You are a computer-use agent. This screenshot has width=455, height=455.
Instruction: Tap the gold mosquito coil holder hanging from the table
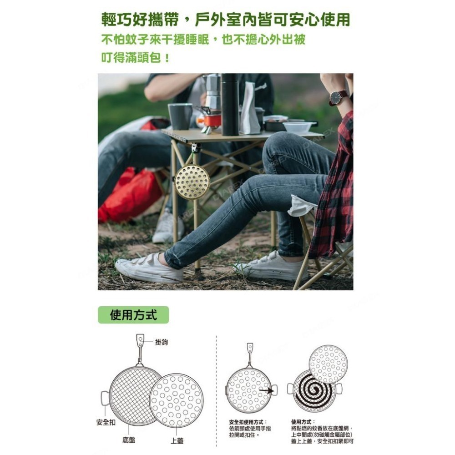pyautogui.click(x=192, y=182)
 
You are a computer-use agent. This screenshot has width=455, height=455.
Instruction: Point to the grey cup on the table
pyautogui.click(x=180, y=116)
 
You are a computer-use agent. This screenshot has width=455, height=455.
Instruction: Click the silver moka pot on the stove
pyautogui.click(x=212, y=91)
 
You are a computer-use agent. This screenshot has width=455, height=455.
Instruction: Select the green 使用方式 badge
pyautogui.click(x=133, y=315)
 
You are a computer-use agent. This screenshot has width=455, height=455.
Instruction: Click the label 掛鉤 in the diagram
pyautogui.click(x=161, y=342)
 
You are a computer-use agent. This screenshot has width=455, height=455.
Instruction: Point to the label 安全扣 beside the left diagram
pyautogui.click(x=106, y=422)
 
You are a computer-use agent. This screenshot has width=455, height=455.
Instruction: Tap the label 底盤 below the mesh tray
pyautogui.click(x=129, y=440)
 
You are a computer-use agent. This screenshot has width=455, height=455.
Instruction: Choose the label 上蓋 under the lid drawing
pyautogui.click(x=177, y=440)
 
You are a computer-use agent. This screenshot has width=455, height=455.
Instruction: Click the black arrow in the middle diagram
pyautogui.click(x=266, y=390)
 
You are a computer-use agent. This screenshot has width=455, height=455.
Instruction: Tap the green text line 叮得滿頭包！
pyautogui.click(x=136, y=58)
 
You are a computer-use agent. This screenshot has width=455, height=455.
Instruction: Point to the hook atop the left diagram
pyautogui.click(x=140, y=339)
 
